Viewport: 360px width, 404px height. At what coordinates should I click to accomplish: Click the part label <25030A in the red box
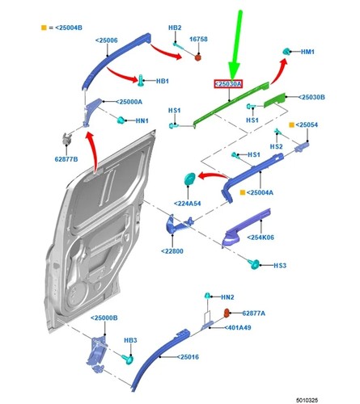click(228, 84)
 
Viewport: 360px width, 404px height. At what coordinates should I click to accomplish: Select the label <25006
click(107, 40)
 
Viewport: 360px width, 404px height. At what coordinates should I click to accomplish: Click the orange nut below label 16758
click(198, 57)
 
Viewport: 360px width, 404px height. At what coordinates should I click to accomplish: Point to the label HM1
click(307, 52)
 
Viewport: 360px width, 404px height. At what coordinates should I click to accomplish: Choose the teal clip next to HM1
click(286, 51)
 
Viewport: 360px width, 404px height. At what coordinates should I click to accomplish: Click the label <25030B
click(311, 97)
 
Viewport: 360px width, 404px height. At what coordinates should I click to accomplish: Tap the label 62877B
click(66, 159)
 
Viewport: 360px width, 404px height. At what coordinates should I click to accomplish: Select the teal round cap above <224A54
click(189, 179)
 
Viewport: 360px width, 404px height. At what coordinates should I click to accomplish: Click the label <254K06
click(260, 238)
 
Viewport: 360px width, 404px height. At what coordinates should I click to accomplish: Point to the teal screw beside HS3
click(254, 264)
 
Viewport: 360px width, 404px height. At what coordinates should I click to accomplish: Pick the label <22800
click(172, 251)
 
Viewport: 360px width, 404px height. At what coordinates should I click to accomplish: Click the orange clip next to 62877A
click(227, 313)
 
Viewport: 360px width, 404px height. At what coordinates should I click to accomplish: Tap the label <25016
click(188, 357)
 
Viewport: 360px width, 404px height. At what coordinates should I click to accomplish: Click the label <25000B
click(104, 318)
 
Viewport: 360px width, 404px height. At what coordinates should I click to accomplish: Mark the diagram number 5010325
click(307, 400)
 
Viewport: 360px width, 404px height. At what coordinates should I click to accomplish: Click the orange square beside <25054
click(291, 124)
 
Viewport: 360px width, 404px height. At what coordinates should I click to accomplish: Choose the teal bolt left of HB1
click(141, 80)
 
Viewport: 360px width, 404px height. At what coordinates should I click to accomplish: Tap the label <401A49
click(238, 327)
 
